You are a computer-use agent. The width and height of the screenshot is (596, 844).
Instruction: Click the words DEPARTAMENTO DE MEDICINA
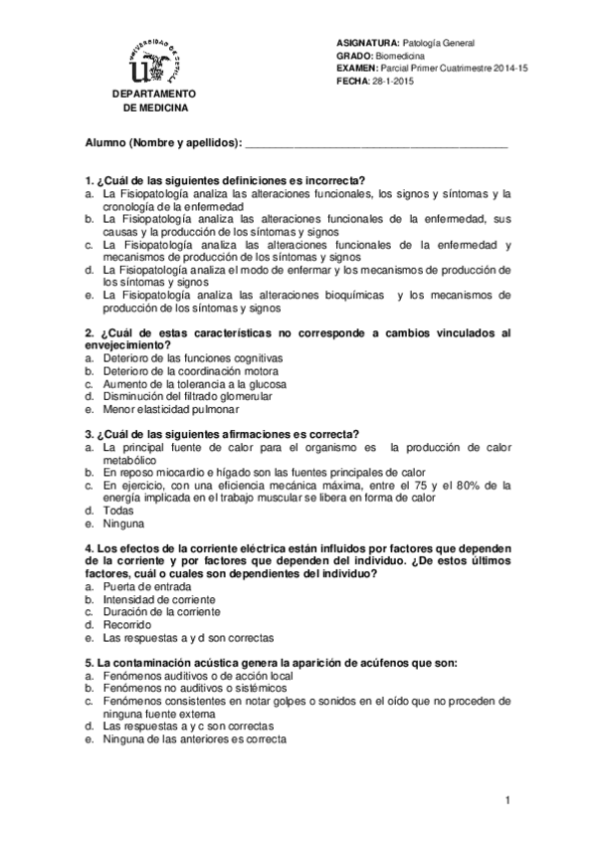(x=153, y=101)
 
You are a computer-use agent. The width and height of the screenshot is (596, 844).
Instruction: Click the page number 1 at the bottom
(x=507, y=801)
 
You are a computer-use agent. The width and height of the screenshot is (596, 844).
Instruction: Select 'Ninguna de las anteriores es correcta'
(x=194, y=739)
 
